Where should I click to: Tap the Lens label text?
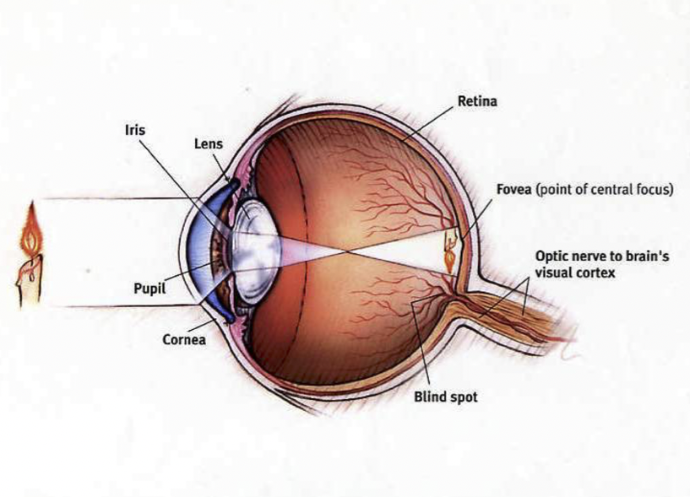(208, 144)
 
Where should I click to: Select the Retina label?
(477, 102)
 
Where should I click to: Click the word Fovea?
(513, 190)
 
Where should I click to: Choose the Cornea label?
(181, 342)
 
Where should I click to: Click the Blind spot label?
(445, 396)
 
